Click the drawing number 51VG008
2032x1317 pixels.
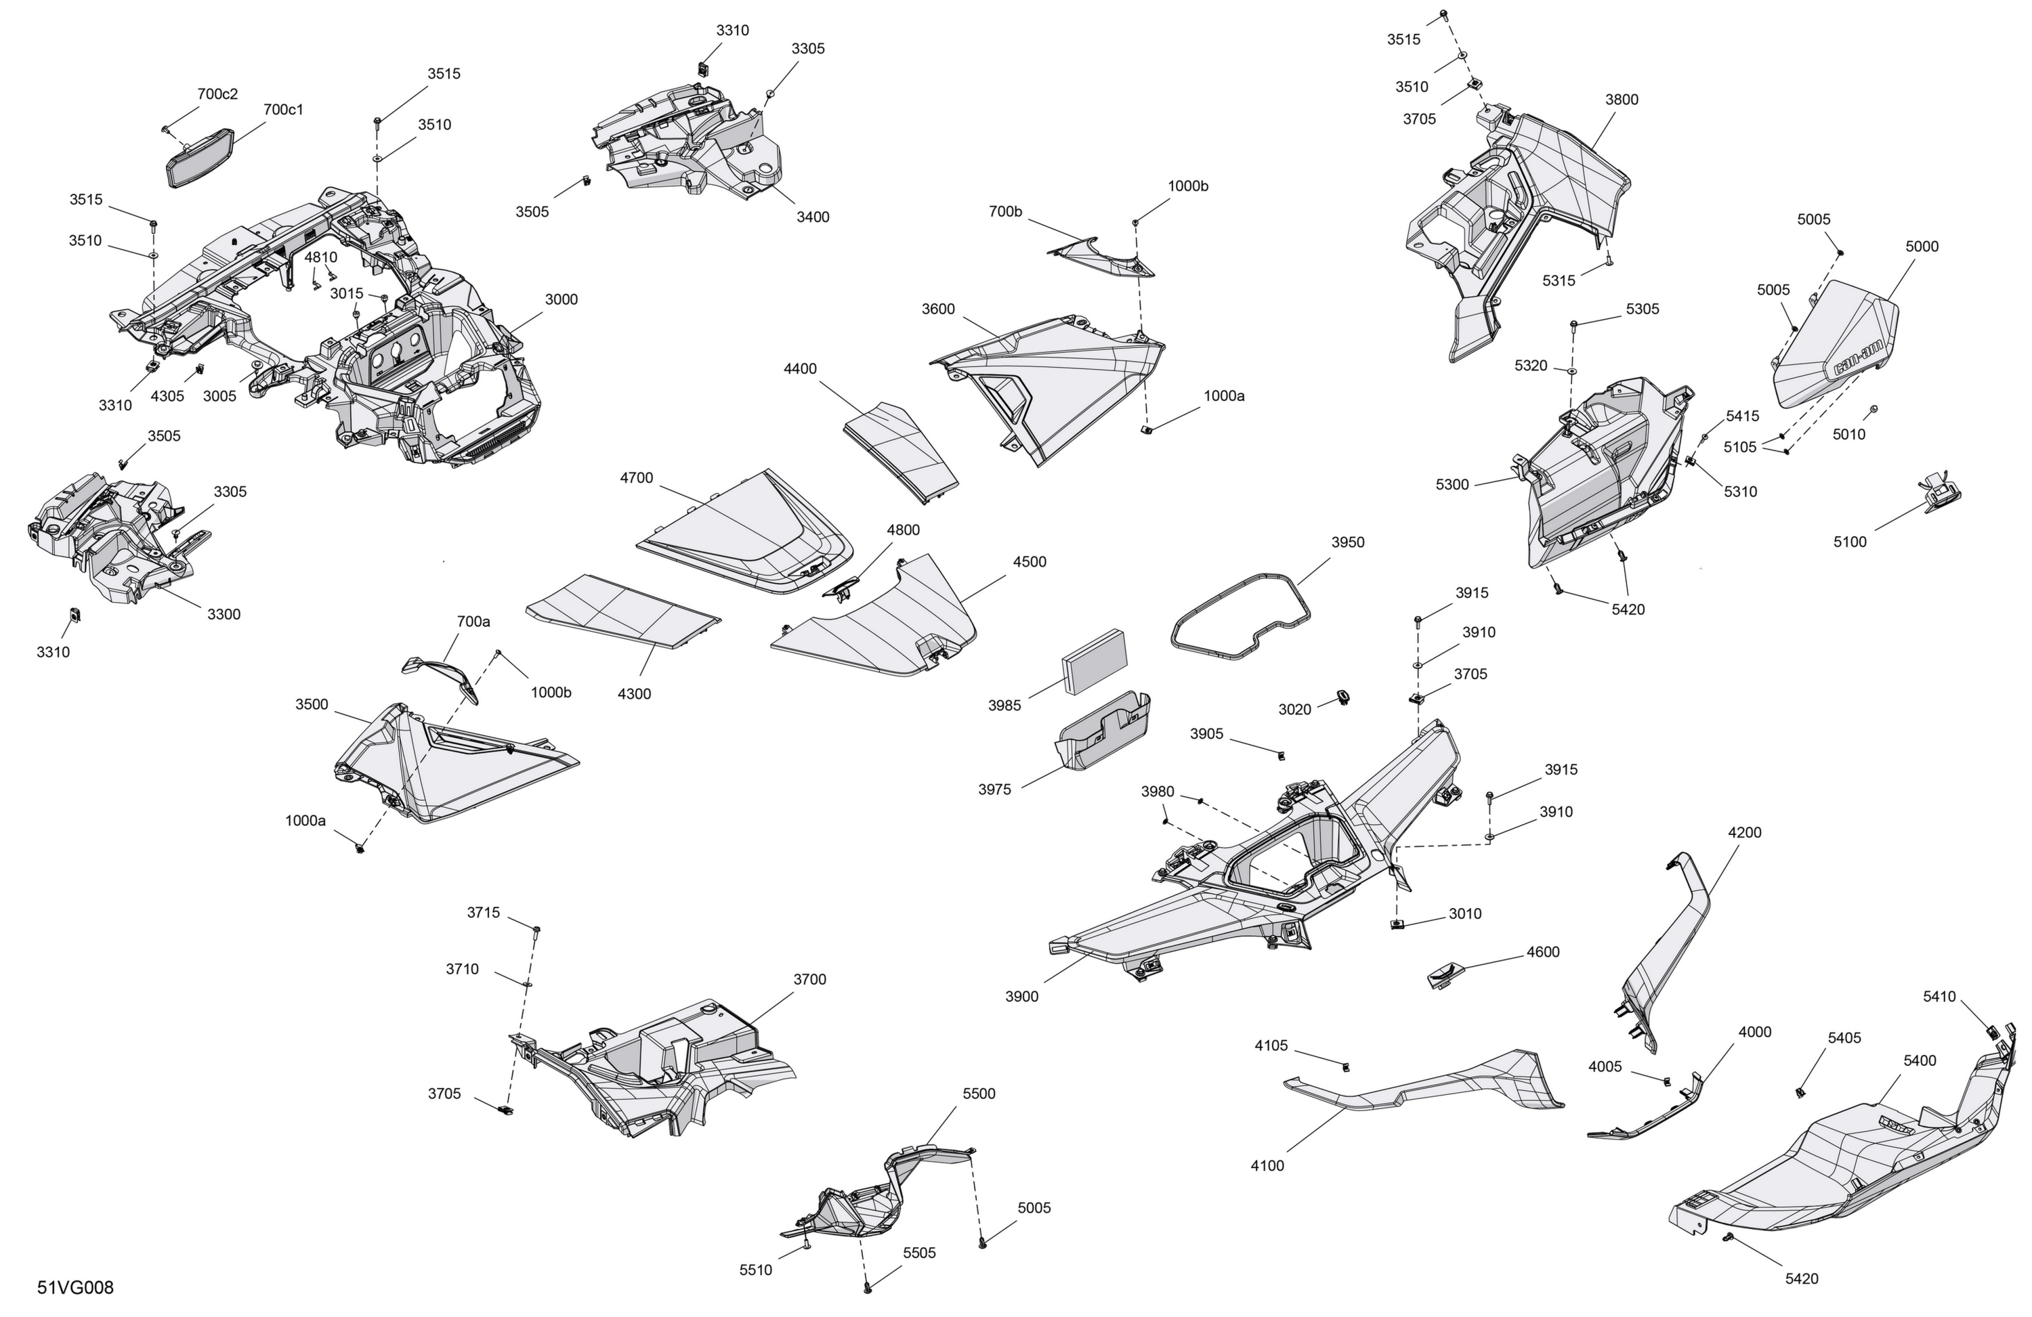[75, 1288]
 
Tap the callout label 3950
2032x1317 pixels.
[1347, 542]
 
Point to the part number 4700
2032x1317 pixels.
[636, 478]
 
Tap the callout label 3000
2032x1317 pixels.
[561, 299]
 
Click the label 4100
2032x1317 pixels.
[1267, 1166]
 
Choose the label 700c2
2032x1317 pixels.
[217, 94]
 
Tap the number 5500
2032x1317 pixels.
[979, 1094]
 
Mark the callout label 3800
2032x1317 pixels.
[1622, 100]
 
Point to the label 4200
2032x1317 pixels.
[1744, 832]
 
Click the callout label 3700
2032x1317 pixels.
[809, 980]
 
